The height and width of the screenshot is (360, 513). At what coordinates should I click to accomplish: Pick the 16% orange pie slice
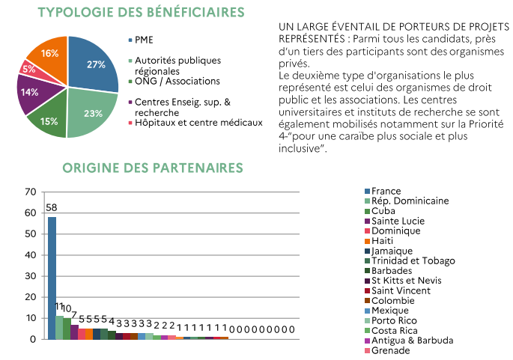point(49,53)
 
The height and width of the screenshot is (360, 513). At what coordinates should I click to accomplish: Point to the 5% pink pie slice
point(29,69)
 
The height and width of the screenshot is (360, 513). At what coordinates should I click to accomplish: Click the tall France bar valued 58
point(52,277)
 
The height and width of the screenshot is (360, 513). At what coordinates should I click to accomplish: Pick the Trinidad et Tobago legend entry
point(412,261)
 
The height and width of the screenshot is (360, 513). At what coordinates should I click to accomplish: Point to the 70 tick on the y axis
point(30,192)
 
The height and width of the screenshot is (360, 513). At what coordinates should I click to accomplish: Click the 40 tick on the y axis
point(30,255)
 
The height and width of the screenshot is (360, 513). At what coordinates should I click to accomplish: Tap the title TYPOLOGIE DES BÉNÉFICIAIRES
point(141,13)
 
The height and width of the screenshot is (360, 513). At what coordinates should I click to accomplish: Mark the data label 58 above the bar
point(52,207)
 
